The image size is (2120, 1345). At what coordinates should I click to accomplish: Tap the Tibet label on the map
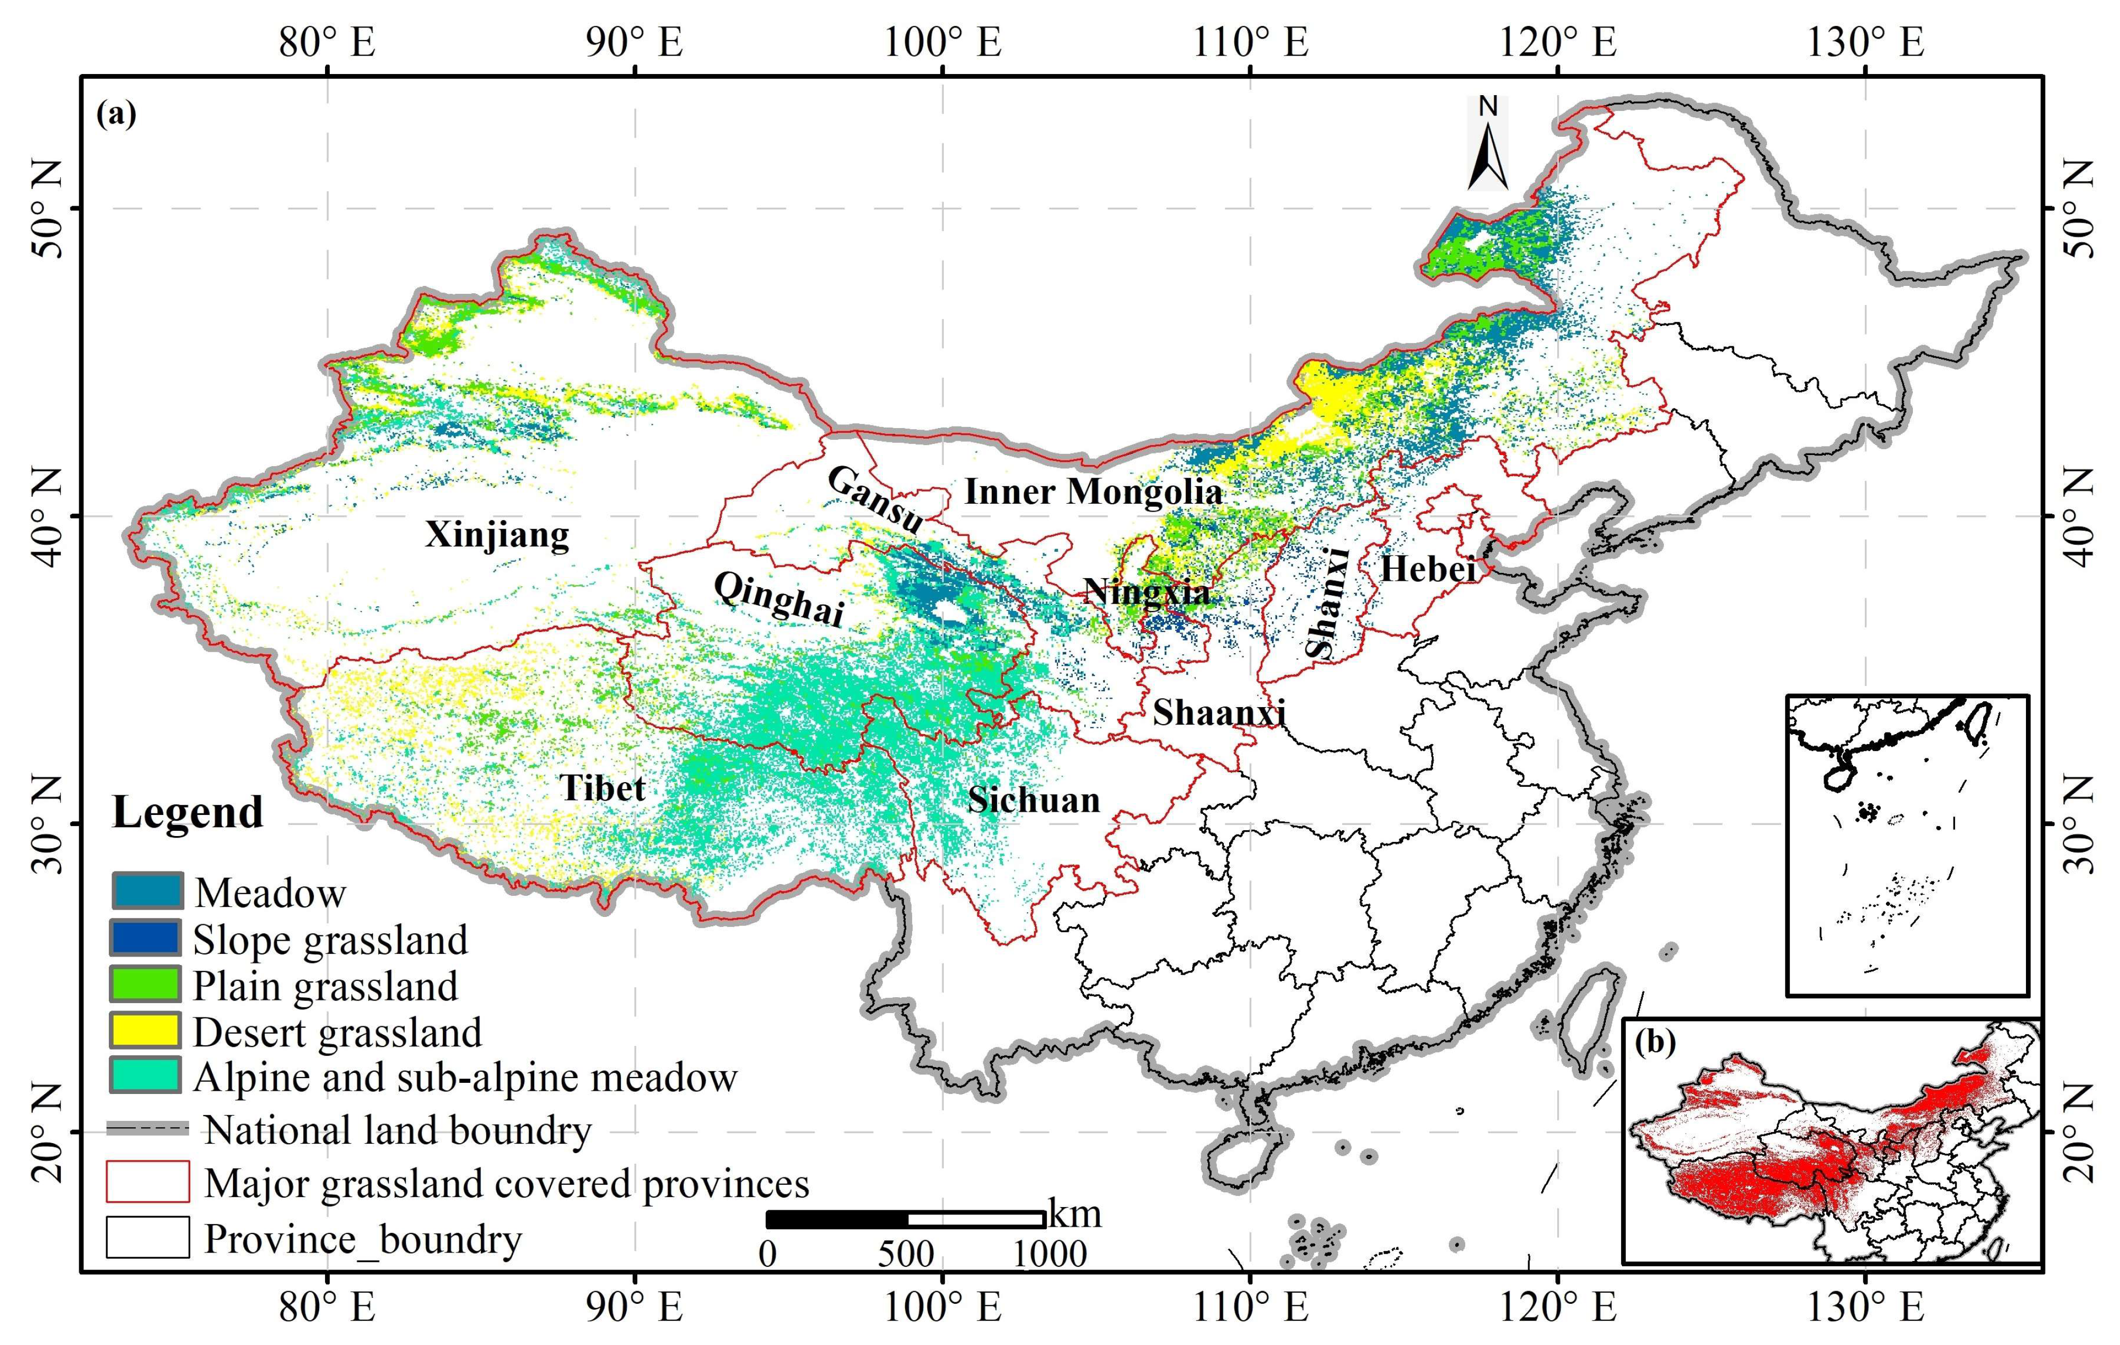[x=603, y=788]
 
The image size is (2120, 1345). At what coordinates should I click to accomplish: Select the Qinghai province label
[x=779, y=599]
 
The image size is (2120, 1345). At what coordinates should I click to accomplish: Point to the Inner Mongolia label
[x=1093, y=491]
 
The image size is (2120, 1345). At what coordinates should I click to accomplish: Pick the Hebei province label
[x=1427, y=570]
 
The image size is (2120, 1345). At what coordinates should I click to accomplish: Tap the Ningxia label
[x=1146, y=591]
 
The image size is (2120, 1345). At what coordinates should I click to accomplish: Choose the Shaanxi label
[x=1220, y=712]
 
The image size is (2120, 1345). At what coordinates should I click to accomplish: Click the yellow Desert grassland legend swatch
[x=146, y=1031]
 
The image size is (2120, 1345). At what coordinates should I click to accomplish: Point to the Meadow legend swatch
[x=146, y=891]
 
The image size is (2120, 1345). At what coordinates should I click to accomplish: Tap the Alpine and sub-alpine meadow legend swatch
[x=146, y=1075]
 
